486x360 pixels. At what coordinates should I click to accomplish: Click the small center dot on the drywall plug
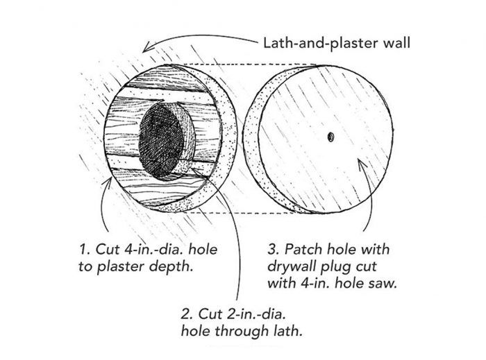[330, 137]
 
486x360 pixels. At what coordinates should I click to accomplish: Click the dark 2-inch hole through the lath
[161, 142]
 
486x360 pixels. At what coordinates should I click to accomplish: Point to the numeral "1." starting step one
[85, 249]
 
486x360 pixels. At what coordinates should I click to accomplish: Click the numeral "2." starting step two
[187, 314]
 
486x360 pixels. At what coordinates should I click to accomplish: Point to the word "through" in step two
[242, 332]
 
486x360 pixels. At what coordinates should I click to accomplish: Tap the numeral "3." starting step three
[274, 249]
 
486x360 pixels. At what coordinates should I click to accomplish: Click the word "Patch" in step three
[303, 249]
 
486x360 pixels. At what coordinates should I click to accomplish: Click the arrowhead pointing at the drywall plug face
[362, 164]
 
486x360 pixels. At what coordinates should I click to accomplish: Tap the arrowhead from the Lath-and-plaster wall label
[148, 47]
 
